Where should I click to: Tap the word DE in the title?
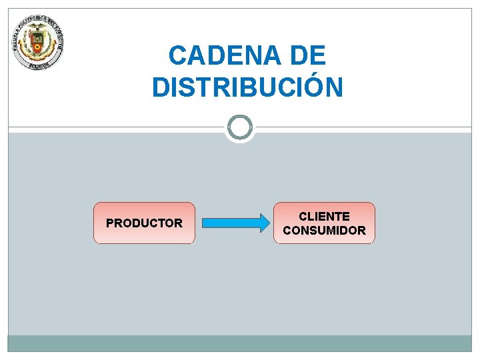pyautogui.click(x=309, y=55)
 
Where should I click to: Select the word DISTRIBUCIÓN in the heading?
pyautogui.click(x=247, y=87)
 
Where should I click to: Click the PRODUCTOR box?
pyautogui.click(x=144, y=223)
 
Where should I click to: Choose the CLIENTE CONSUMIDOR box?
pyautogui.click(x=324, y=223)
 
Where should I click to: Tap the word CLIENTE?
pyautogui.click(x=324, y=216)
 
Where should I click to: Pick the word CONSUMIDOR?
pyautogui.click(x=324, y=231)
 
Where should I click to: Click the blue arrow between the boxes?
pyautogui.click(x=233, y=223)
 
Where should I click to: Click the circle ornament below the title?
pyautogui.click(x=239, y=127)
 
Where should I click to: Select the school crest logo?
pyautogui.click(x=37, y=43)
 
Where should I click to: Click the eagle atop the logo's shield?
pyautogui.click(x=38, y=27)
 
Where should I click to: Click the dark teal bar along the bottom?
pyautogui.click(x=239, y=343)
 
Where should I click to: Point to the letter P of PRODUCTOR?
pyautogui.click(x=110, y=223)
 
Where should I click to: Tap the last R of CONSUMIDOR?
pyautogui.click(x=361, y=231)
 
